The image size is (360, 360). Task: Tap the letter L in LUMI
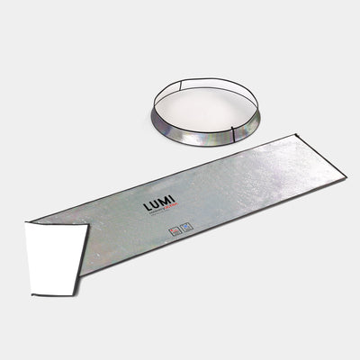147,209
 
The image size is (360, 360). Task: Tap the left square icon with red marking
174,231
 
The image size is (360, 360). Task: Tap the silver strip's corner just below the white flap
80,274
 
